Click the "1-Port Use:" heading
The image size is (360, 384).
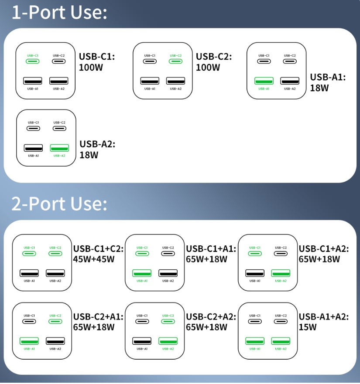(x=59, y=12)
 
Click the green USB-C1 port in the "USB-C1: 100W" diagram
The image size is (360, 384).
(x=33, y=61)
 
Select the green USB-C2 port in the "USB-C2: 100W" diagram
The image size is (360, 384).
(x=175, y=61)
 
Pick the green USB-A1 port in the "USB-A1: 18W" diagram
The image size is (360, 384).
(x=264, y=81)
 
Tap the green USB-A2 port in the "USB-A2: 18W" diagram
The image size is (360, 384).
(x=59, y=148)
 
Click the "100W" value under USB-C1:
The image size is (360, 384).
(x=91, y=68)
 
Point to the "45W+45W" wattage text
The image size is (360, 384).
(x=94, y=259)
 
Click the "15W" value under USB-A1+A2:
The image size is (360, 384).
(x=308, y=327)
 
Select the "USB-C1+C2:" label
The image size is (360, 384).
(x=98, y=249)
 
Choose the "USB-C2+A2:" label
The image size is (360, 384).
(x=211, y=317)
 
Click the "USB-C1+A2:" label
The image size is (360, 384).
(x=324, y=249)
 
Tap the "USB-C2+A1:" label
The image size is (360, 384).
(x=98, y=317)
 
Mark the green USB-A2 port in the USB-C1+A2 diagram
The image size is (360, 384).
(x=281, y=273)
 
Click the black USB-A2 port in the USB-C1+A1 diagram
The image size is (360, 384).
(x=168, y=273)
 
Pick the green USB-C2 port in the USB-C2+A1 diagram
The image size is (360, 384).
(x=55, y=322)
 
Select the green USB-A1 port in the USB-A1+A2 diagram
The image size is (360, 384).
(x=255, y=341)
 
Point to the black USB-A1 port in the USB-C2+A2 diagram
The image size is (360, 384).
(x=142, y=341)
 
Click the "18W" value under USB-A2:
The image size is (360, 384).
(x=89, y=155)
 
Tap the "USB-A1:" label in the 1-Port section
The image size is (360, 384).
(x=328, y=77)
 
